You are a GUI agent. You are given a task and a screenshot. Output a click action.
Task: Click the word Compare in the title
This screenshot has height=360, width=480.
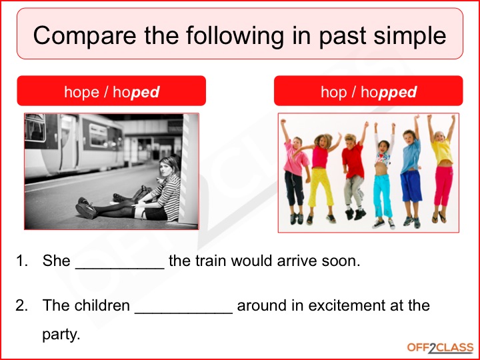click(x=85, y=35)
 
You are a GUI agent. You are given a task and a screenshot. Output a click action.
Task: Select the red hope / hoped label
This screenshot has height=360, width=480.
click(x=111, y=91)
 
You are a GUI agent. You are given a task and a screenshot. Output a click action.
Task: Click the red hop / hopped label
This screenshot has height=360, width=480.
click(x=368, y=91)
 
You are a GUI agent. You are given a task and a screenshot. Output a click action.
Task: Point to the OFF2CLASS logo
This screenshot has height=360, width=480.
click(x=440, y=348)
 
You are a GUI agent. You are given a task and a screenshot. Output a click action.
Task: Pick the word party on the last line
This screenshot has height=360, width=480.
click(x=61, y=335)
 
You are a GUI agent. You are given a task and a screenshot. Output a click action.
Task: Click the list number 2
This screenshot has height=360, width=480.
click(x=21, y=305)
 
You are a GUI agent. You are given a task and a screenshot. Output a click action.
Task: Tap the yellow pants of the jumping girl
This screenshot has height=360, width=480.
click(x=320, y=187)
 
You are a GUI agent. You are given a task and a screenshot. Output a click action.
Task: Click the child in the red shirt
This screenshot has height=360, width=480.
click(x=353, y=171)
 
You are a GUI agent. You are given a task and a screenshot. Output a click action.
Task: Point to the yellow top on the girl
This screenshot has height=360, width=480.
click(x=442, y=151)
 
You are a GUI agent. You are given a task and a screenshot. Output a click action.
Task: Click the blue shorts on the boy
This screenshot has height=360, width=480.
click(x=411, y=186)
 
